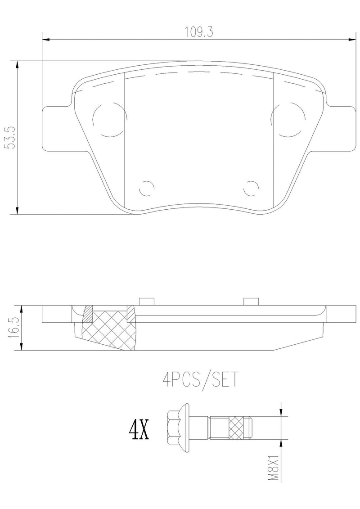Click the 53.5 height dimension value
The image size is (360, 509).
click(10, 135)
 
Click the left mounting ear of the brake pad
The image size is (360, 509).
click(56, 128)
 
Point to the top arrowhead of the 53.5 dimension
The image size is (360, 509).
click(17, 64)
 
